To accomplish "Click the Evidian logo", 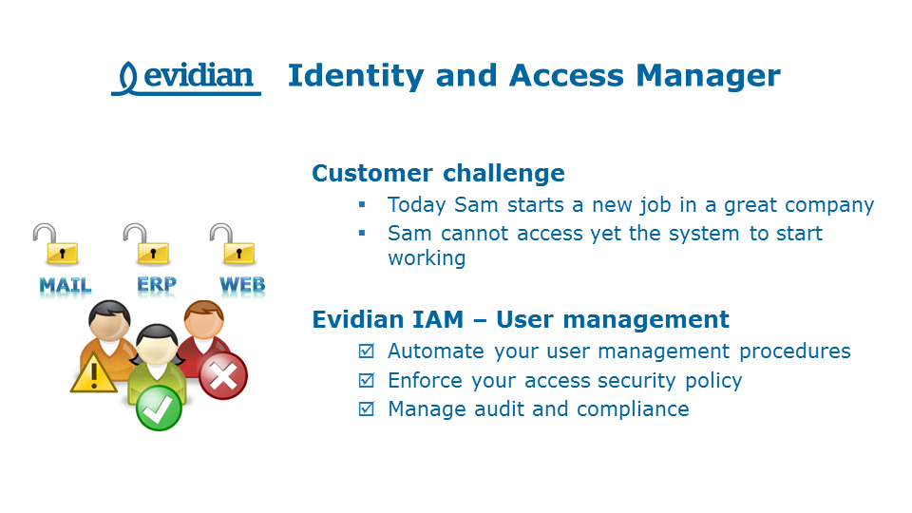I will click(x=186, y=77).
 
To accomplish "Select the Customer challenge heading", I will click(x=438, y=174).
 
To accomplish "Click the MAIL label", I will click(x=66, y=285).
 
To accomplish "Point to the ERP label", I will click(x=156, y=284).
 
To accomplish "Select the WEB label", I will click(x=242, y=284).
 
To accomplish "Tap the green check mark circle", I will click(x=158, y=408).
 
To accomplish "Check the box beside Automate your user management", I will click(x=366, y=351).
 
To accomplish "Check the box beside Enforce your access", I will click(x=366, y=381).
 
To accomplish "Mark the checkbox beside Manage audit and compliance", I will click(x=366, y=409).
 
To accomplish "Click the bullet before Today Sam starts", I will click(x=362, y=205).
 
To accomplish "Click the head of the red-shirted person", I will click(x=202, y=320).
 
